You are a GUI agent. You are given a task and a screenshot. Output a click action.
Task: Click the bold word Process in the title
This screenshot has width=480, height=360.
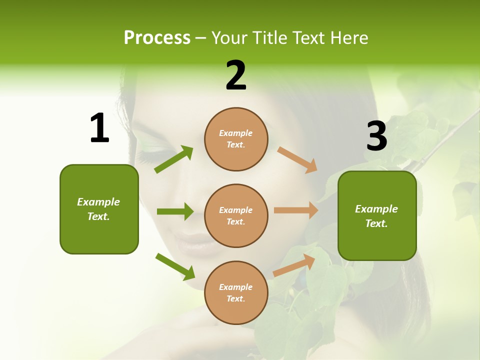coord(157,37)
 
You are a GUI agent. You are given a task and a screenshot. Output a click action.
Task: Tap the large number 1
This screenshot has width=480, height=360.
coord(99,128)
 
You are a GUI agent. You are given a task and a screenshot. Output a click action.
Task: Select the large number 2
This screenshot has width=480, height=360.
coord(236,75)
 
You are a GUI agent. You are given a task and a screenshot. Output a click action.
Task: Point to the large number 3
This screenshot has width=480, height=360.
coord(376,136)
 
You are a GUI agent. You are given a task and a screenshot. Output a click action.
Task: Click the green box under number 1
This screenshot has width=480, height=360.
coord(99,209)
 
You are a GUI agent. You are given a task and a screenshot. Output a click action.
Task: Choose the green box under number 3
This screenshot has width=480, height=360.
coord(377,215)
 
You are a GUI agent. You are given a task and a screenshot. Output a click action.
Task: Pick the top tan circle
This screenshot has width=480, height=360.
coord(236,139)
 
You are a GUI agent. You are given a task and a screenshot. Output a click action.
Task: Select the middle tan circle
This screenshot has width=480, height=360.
coord(236,215)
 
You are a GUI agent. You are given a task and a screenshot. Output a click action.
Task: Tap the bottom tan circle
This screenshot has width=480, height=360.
coord(236,292)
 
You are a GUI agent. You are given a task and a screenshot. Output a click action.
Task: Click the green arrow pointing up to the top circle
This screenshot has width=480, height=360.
coord(174,159)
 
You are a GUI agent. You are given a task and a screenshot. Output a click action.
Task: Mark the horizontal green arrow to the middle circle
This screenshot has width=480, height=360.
coord(175,211)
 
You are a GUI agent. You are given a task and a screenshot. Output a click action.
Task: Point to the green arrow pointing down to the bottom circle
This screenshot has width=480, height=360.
coord(175,266)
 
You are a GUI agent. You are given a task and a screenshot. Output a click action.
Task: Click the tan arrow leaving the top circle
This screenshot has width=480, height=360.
coord(297,159)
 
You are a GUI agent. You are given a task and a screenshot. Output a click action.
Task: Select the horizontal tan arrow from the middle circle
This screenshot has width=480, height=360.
coord(296,210)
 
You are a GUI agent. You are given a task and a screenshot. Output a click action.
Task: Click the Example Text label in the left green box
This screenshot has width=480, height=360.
coord(98,209)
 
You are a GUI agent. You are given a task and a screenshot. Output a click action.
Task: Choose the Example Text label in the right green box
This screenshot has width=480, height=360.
coord(376,216)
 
